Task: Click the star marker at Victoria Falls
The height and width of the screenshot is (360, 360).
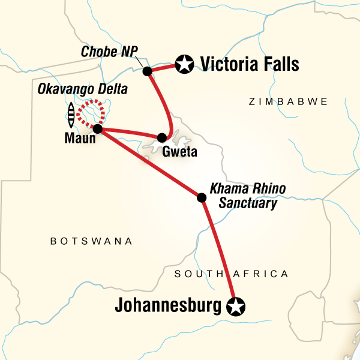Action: [184, 63]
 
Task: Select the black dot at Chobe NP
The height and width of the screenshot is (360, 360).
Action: [147, 71]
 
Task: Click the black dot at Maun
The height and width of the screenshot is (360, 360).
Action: [97, 129]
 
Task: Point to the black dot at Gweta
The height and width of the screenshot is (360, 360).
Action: [161, 138]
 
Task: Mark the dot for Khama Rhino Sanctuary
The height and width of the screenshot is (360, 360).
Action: [202, 197]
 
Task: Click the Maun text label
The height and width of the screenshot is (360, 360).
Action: [79, 143]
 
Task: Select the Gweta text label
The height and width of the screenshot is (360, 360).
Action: [179, 152]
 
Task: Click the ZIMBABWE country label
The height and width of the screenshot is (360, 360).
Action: [288, 102]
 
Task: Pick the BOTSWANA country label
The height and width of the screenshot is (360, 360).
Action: [91, 241]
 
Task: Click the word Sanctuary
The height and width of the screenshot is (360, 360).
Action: [248, 203]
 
